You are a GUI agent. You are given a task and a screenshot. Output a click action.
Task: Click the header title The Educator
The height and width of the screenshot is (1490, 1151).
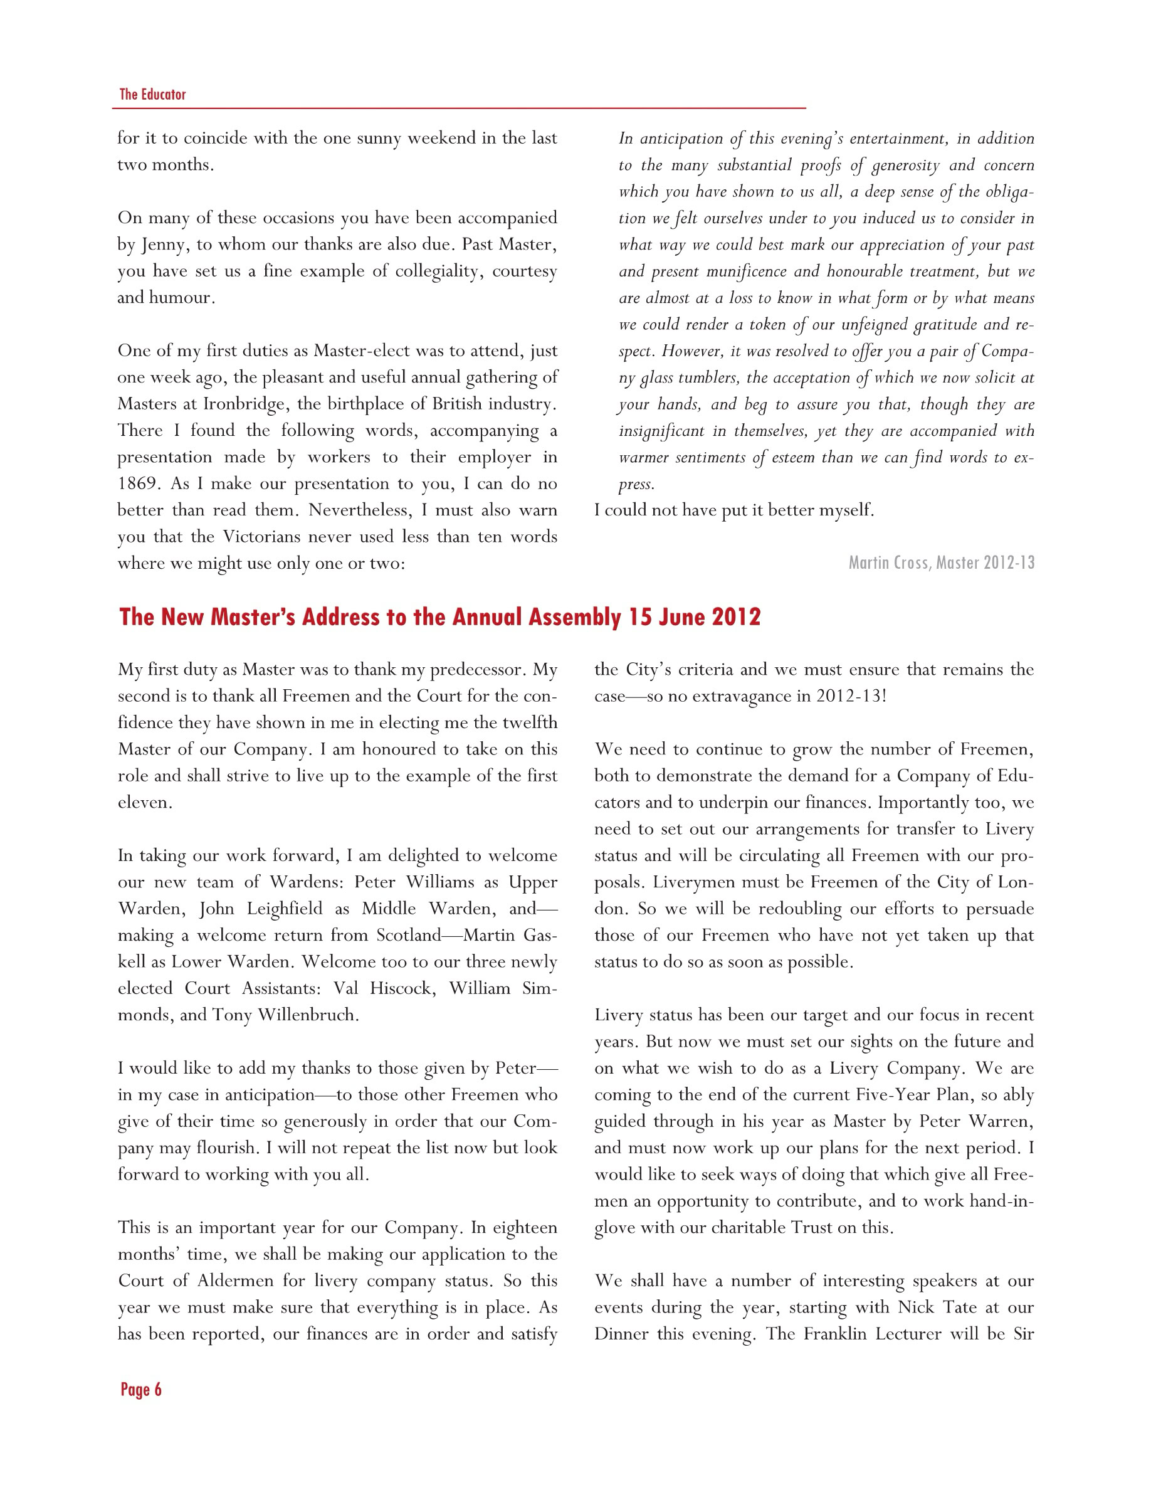pos(152,94)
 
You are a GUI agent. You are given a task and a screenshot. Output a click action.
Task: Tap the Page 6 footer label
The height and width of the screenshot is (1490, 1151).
pos(141,1390)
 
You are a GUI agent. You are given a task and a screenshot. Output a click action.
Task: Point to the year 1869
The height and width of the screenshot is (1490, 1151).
pos(137,483)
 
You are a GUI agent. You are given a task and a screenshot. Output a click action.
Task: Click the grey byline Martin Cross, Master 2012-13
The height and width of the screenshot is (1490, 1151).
pos(941,563)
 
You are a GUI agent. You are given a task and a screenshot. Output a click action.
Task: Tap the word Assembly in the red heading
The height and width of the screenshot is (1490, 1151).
pos(574,616)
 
